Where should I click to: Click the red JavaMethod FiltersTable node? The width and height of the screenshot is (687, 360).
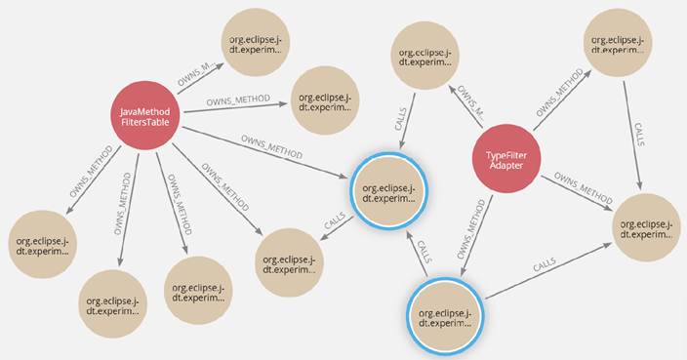pyautogui.click(x=145, y=118)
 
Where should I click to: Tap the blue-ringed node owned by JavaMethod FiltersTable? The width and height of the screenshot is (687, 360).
pyautogui.click(x=388, y=188)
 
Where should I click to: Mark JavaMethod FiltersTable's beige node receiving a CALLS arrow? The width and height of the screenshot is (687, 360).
pyautogui.click(x=289, y=258)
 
